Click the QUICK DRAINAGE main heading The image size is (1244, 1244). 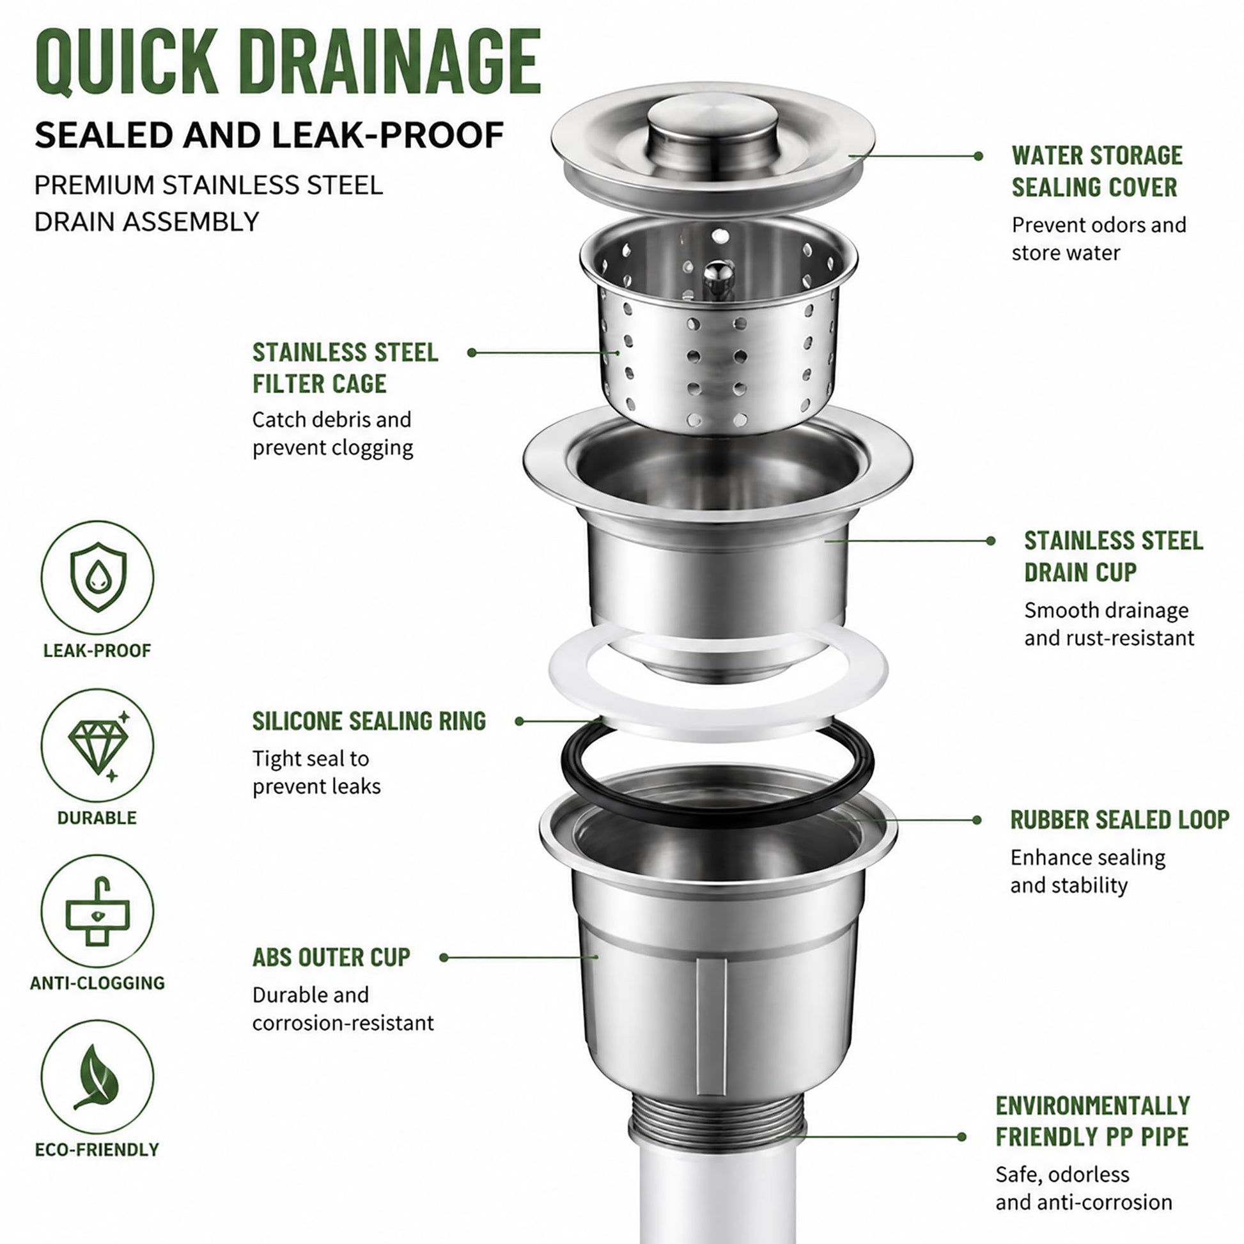pyautogui.click(x=288, y=63)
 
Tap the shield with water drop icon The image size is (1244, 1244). pyautogui.click(x=98, y=576)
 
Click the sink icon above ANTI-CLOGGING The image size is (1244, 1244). pyautogui.click(x=97, y=911)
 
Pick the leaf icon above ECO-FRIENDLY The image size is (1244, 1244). pyautogui.click(x=97, y=1077)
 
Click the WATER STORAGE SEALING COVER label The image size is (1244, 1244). pyautogui.click(x=1096, y=171)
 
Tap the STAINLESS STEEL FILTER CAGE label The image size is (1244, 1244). pyautogui.click(x=345, y=368)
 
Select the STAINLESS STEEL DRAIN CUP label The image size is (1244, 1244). pyautogui.click(x=1114, y=556)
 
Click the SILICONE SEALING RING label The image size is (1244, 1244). pyautogui.click(x=369, y=721)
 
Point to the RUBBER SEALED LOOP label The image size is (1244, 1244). pyautogui.click(x=1120, y=820)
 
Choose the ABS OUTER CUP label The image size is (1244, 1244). pyautogui.click(x=331, y=958)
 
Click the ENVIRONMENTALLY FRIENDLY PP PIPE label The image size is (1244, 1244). pyautogui.click(x=1092, y=1121)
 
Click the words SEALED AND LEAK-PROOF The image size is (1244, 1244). pyautogui.click(x=269, y=136)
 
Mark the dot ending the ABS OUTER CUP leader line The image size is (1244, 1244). pyautogui.click(x=444, y=958)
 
